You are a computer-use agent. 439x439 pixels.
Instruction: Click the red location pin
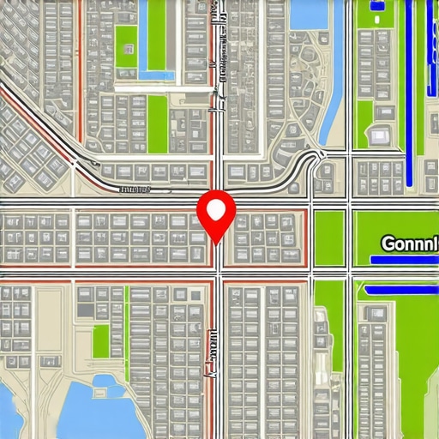215,214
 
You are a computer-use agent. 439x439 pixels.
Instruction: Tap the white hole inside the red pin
215,208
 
